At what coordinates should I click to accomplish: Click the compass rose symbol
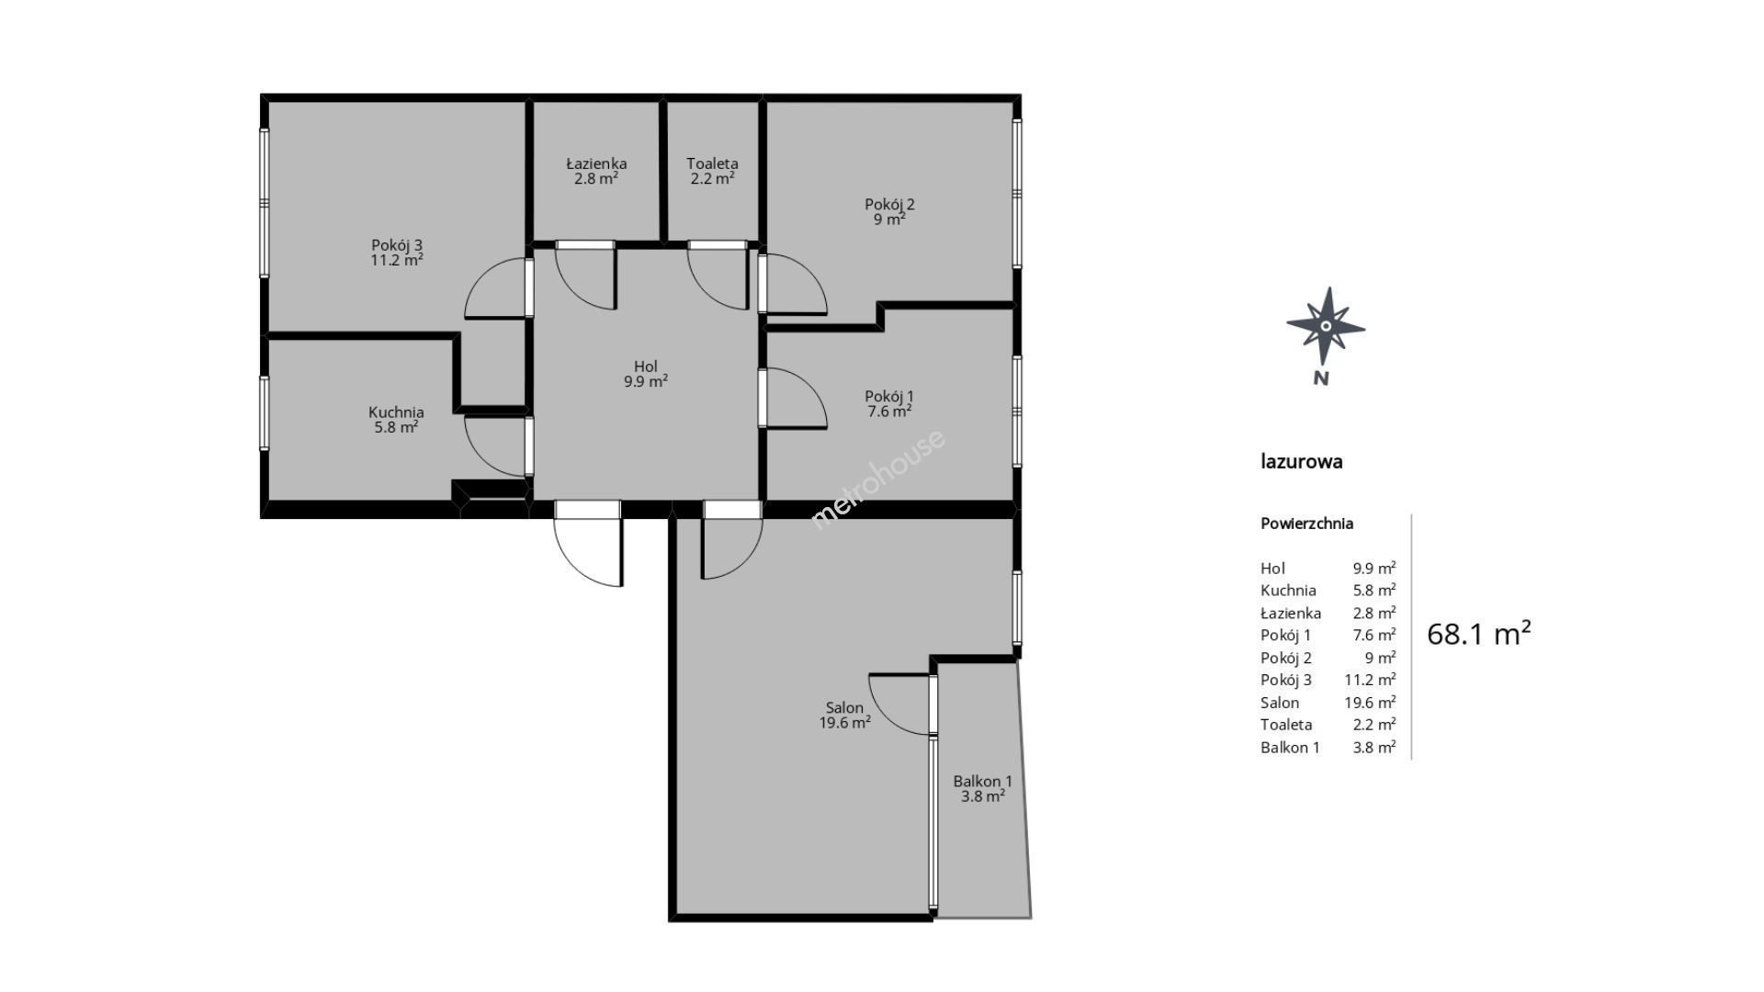tap(1325, 326)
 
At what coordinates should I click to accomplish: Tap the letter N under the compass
tap(1321, 378)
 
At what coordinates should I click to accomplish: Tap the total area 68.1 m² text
tap(1479, 634)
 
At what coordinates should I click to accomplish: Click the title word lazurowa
tap(1302, 461)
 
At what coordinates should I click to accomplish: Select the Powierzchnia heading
tap(1306, 524)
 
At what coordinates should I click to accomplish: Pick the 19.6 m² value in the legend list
tap(1370, 703)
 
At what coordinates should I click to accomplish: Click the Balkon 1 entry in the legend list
tap(1290, 748)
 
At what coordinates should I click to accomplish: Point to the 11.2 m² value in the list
tap(1370, 680)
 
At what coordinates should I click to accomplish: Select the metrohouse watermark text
tap(877, 479)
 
